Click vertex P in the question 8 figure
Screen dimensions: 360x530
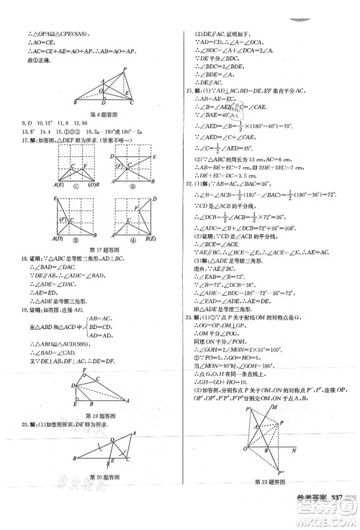(x=124, y=68)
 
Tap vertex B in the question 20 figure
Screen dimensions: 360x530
(x=74, y=459)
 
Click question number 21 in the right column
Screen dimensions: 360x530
(x=189, y=91)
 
